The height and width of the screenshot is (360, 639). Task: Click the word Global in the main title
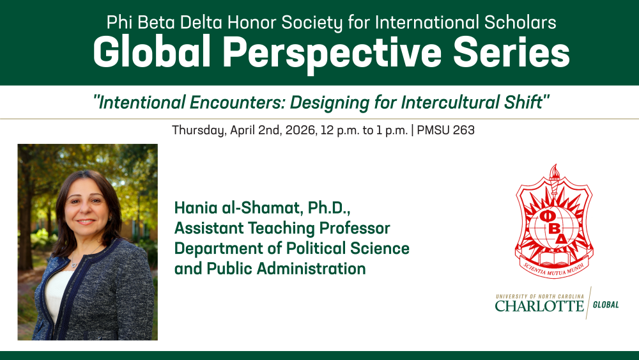[151, 52]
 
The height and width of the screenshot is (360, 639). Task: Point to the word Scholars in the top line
[520, 22]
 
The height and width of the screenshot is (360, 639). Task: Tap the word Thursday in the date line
[199, 130]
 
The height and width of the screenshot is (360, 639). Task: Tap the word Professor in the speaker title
[355, 228]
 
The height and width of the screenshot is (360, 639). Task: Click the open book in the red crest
[554, 258]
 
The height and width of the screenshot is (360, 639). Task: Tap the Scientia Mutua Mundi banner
[554, 269]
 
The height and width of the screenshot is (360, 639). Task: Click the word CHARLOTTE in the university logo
[539, 306]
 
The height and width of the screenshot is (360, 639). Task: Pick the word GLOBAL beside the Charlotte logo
[606, 304]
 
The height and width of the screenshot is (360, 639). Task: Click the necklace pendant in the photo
[73, 264]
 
